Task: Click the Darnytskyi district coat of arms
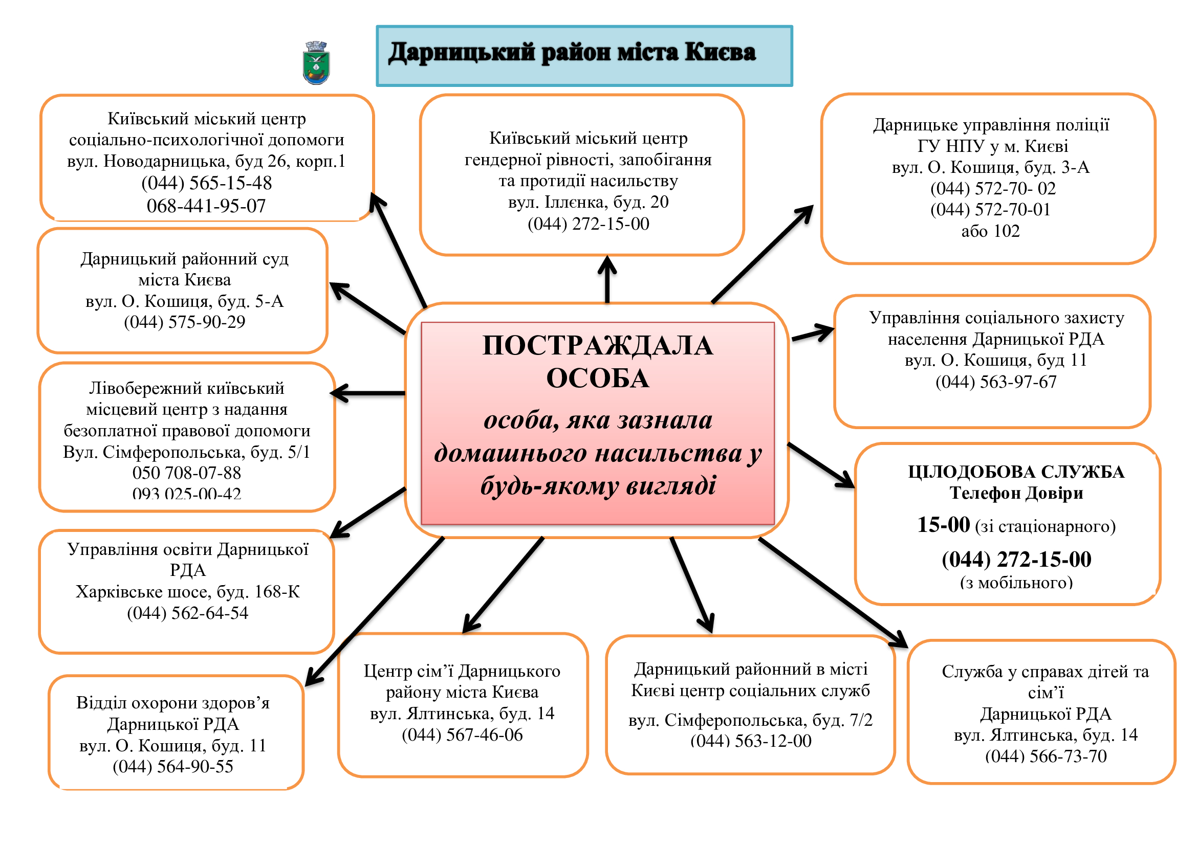click(x=316, y=63)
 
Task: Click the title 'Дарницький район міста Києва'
click(x=572, y=53)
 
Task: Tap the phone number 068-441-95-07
click(x=206, y=206)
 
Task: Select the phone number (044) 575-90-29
click(x=185, y=322)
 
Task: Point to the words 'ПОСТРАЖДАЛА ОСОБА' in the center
click(x=597, y=362)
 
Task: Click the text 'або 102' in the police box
click(x=990, y=231)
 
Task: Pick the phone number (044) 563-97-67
click(x=996, y=382)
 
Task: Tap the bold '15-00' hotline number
click(x=943, y=525)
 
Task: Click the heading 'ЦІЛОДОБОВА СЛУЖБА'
click(x=1015, y=472)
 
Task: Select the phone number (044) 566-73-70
click(x=1046, y=756)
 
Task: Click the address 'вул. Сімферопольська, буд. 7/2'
click(x=750, y=720)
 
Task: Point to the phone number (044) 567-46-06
click(x=462, y=734)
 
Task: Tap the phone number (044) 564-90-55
click(x=173, y=766)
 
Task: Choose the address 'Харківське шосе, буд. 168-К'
click(x=188, y=592)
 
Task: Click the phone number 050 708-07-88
click(x=187, y=473)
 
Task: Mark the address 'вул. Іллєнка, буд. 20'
click(x=588, y=202)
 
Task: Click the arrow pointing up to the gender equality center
click(x=607, y=279)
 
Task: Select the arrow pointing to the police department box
click(x=763, y=254)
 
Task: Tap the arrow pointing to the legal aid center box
click(x=368, y=393)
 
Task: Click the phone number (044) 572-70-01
click(x=990, y=209)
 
